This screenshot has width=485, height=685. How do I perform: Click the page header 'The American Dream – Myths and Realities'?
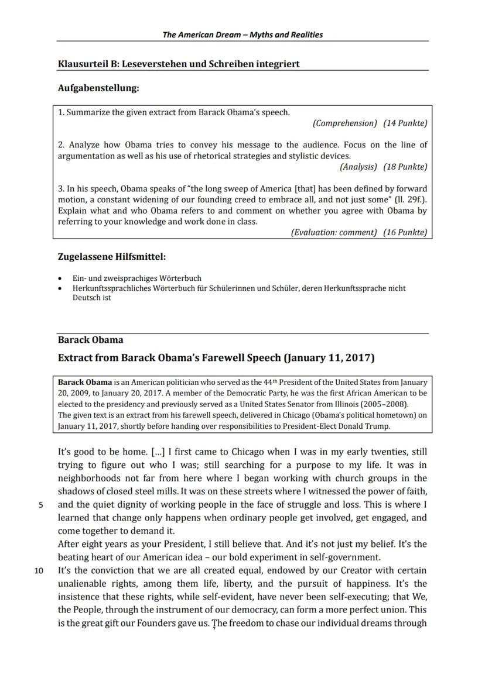click(x=243, y=35)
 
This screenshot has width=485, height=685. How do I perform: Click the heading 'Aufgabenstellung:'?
click(x=98, y=88)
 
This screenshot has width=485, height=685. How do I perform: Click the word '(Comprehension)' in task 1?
click(x=345, y=123)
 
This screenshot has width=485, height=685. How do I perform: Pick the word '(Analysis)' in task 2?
click(x=358, y=167)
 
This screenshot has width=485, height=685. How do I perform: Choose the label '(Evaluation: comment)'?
click(x=334, y=232)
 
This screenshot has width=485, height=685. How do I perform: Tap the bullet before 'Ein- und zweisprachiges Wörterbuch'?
click(x=61, y=279)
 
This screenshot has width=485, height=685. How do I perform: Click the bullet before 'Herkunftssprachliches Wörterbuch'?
click(x=61, y=288)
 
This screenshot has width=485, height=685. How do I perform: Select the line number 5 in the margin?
click(x=41, y=505)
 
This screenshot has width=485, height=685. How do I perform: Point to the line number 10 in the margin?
click(x=39, y=571)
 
